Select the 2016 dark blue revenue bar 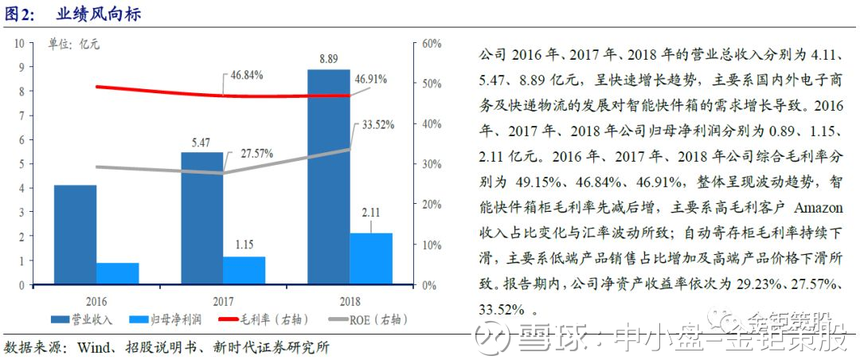coord(75,234)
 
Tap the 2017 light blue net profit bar coord(244,270)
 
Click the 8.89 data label coord(329,58)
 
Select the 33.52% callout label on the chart coord(378,124)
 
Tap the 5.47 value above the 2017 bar coord(201,142)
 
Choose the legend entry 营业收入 coord(82,319)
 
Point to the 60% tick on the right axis coord(432,43)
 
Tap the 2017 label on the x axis coord(222,301)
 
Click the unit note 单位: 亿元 coord(73,45)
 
